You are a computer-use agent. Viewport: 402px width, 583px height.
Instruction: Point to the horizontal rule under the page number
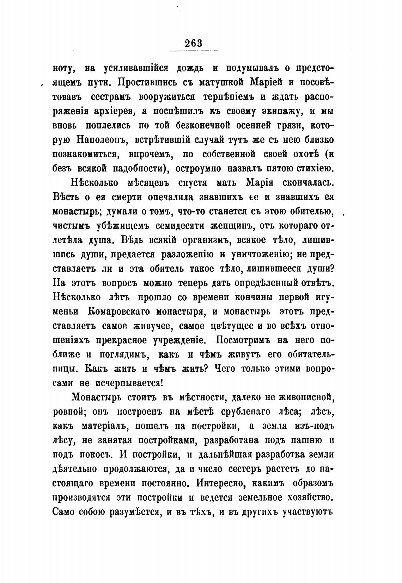(194, 52)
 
